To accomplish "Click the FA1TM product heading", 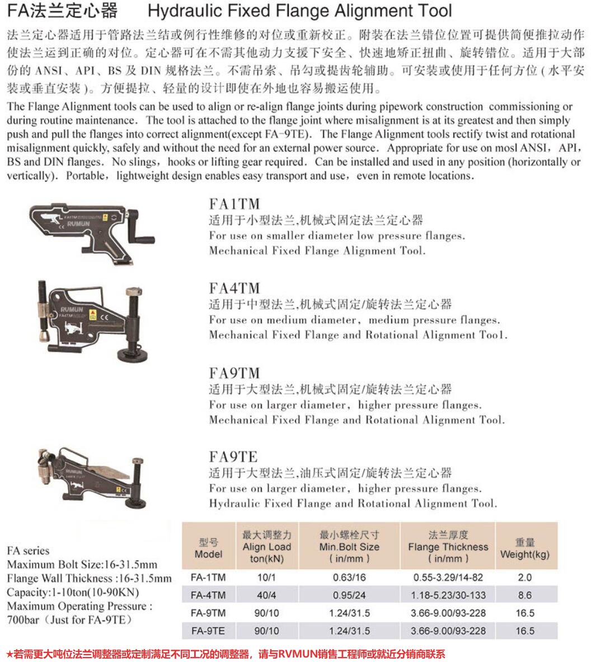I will (x=234, y=204).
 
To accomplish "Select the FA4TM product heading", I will (x=234, y=288).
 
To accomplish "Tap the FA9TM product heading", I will (x=234, y=373).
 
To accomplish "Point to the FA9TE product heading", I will (x=233, y=457).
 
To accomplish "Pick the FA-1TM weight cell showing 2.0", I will (x=524, y=577).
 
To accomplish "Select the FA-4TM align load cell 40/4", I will (x=266, y=595).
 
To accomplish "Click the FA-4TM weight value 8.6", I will (x=524, y=595).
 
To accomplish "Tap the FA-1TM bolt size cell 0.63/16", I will (x=349, y=577).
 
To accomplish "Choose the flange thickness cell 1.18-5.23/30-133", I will (x=448, y=595).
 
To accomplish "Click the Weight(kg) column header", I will (x=524, y=548).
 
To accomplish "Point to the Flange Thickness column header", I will (x=448, y=547).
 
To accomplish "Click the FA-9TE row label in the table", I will (x=208, y=631).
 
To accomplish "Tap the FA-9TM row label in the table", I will (x=208, y=613).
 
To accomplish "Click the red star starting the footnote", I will (x=10, y=654).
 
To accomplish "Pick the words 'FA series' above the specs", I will (x=28, y=551).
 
